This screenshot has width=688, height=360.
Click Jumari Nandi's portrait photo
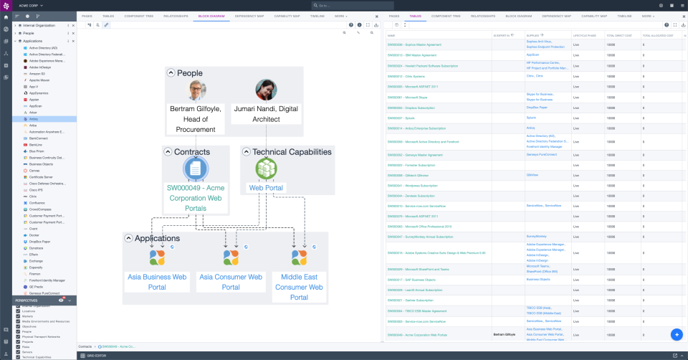266,91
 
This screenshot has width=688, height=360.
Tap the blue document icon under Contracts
195,169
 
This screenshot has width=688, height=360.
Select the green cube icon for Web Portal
266,168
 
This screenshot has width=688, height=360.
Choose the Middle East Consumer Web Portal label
299,287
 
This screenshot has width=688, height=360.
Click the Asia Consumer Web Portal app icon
230,257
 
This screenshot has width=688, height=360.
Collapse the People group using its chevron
171,72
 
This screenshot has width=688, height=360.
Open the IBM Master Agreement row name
412,55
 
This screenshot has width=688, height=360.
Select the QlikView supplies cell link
532,175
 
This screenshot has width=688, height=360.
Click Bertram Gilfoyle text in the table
505,334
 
